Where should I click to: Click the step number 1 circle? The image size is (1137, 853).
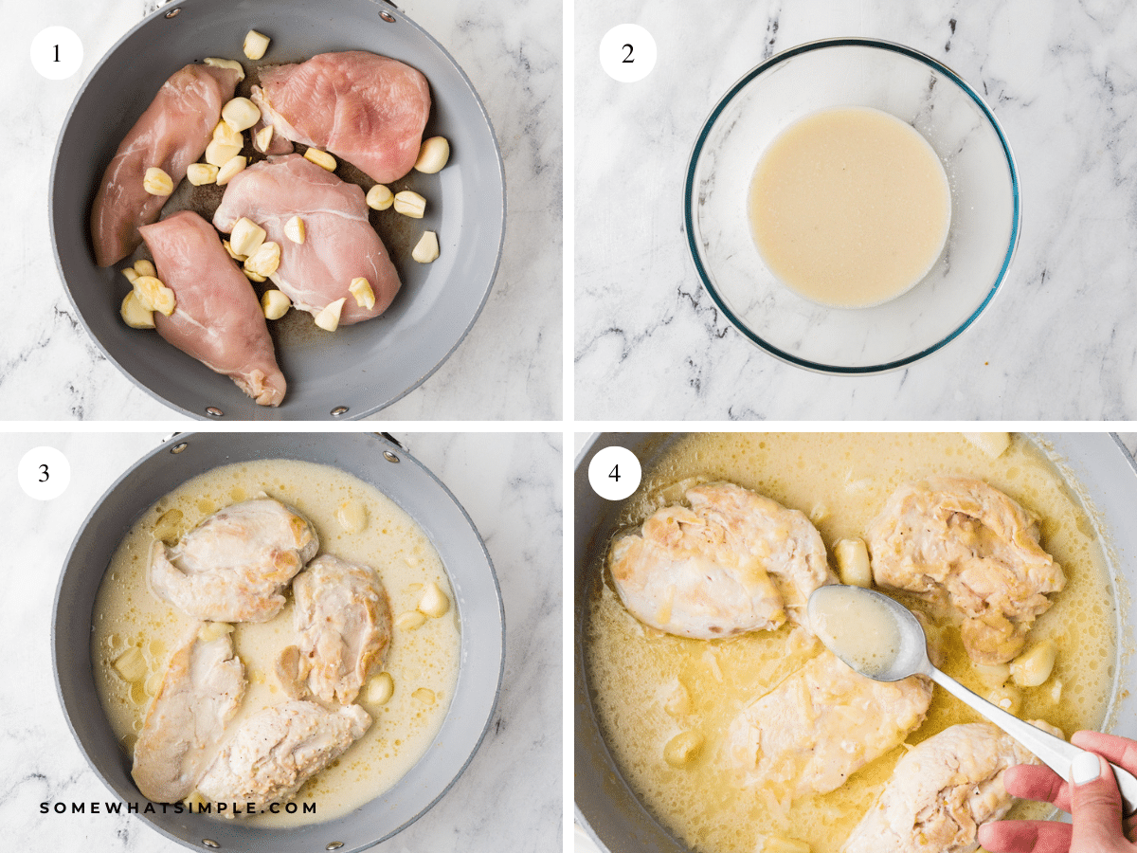56,53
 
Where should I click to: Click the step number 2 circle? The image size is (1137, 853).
627,53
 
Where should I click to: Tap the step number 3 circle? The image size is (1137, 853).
44,473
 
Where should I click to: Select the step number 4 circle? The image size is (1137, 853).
615,473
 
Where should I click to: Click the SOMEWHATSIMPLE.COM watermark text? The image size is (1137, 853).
178,808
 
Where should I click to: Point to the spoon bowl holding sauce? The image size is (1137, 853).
853,630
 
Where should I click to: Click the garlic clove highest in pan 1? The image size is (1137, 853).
256,44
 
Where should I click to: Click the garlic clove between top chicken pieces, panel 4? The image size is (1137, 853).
853,561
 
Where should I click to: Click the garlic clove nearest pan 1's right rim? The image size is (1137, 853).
432,154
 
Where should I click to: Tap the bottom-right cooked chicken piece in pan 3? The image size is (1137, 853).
284,749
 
